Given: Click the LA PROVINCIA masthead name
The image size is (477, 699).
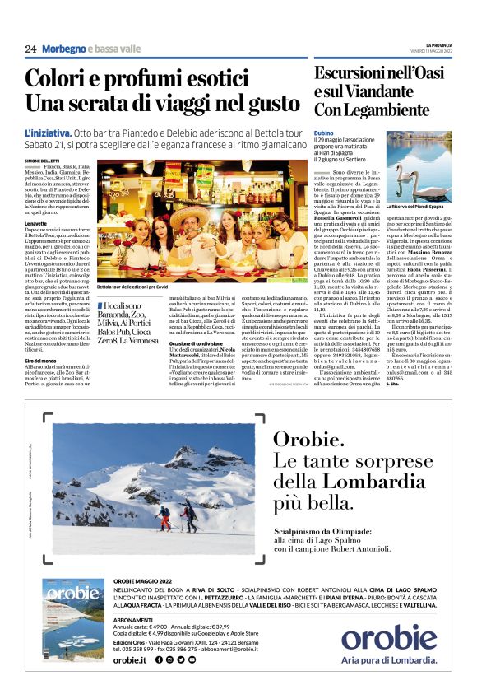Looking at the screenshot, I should click(x=438, y=44).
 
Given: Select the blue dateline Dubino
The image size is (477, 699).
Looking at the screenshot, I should click(x=323, y=132).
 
